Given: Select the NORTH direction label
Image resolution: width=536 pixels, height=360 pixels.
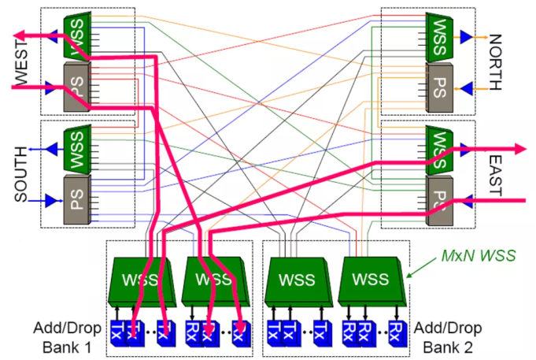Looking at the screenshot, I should pos(495,62).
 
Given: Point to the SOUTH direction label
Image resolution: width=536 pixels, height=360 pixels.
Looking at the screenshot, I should pos(21,173).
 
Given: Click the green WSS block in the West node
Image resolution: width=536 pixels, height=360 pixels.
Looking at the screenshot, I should pos(76,35).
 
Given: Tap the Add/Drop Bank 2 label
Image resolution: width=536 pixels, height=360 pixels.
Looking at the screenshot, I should pos(449,336).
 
